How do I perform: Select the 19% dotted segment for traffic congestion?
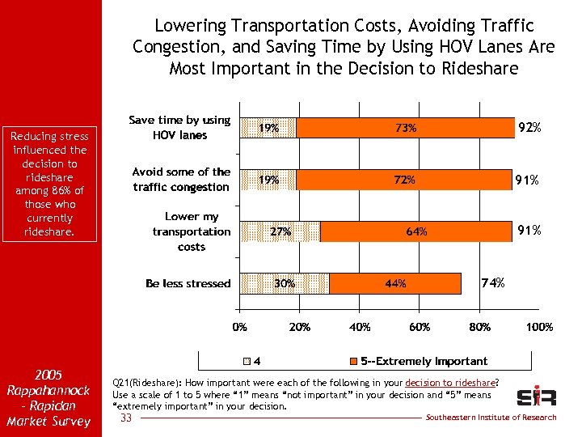[268, 180]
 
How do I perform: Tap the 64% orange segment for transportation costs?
[416, 231]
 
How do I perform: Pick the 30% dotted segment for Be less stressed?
[285, 283]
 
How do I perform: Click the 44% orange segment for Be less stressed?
[395, 283]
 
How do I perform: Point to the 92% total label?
[529, 128]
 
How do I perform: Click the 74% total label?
[493, 283]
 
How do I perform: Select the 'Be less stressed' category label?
[188, 283]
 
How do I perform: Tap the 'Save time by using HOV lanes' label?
[179, 128]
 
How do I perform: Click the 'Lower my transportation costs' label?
[192, 231]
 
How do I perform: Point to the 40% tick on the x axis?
[360, 328]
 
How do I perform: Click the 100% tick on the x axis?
[539, 328]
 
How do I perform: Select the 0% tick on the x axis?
[240, 328]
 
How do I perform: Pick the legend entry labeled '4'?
[251, 361]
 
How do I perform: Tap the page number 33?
[125, 418]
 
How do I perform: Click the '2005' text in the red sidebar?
[49, 375]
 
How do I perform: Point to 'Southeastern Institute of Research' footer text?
[491, 418]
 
